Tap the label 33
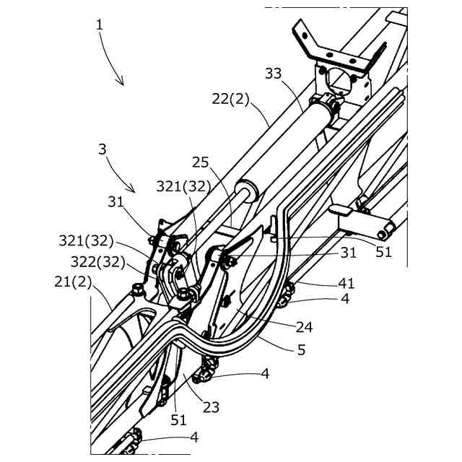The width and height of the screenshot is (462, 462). tap(273, 74)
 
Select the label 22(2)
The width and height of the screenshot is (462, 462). tap(231, 100)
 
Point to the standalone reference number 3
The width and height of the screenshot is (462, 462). tap(103, 150)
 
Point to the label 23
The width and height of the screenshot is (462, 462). tap(210, 406)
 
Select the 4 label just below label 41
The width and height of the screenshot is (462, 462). tap(346, 299)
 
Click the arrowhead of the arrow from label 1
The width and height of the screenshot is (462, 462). tap(123, 84)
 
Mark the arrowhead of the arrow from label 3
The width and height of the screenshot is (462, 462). tap(135, 191)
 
